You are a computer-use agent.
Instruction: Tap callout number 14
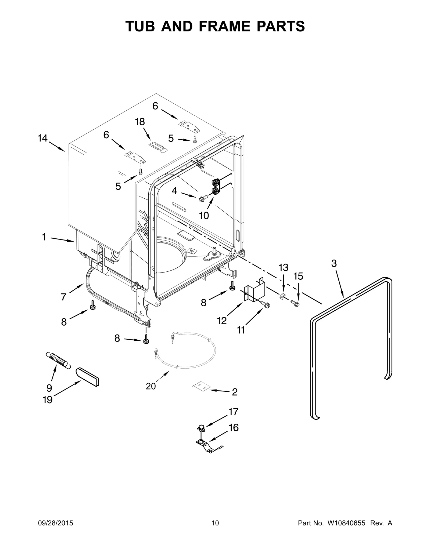(x=42, y=139)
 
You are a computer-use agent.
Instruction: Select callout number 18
(x=140, y=122)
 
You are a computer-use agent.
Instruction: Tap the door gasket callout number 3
(x=334, y=264)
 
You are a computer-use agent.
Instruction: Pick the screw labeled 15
(x=296, y=304)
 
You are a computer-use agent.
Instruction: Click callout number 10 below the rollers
(x=204, y=215)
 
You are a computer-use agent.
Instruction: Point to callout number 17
(x=233, y=412)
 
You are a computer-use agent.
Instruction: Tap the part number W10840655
(x=346, y=530)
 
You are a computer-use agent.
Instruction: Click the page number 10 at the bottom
(x=215, y=530)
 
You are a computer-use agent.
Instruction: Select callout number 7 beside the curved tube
(x=63, y=297)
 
